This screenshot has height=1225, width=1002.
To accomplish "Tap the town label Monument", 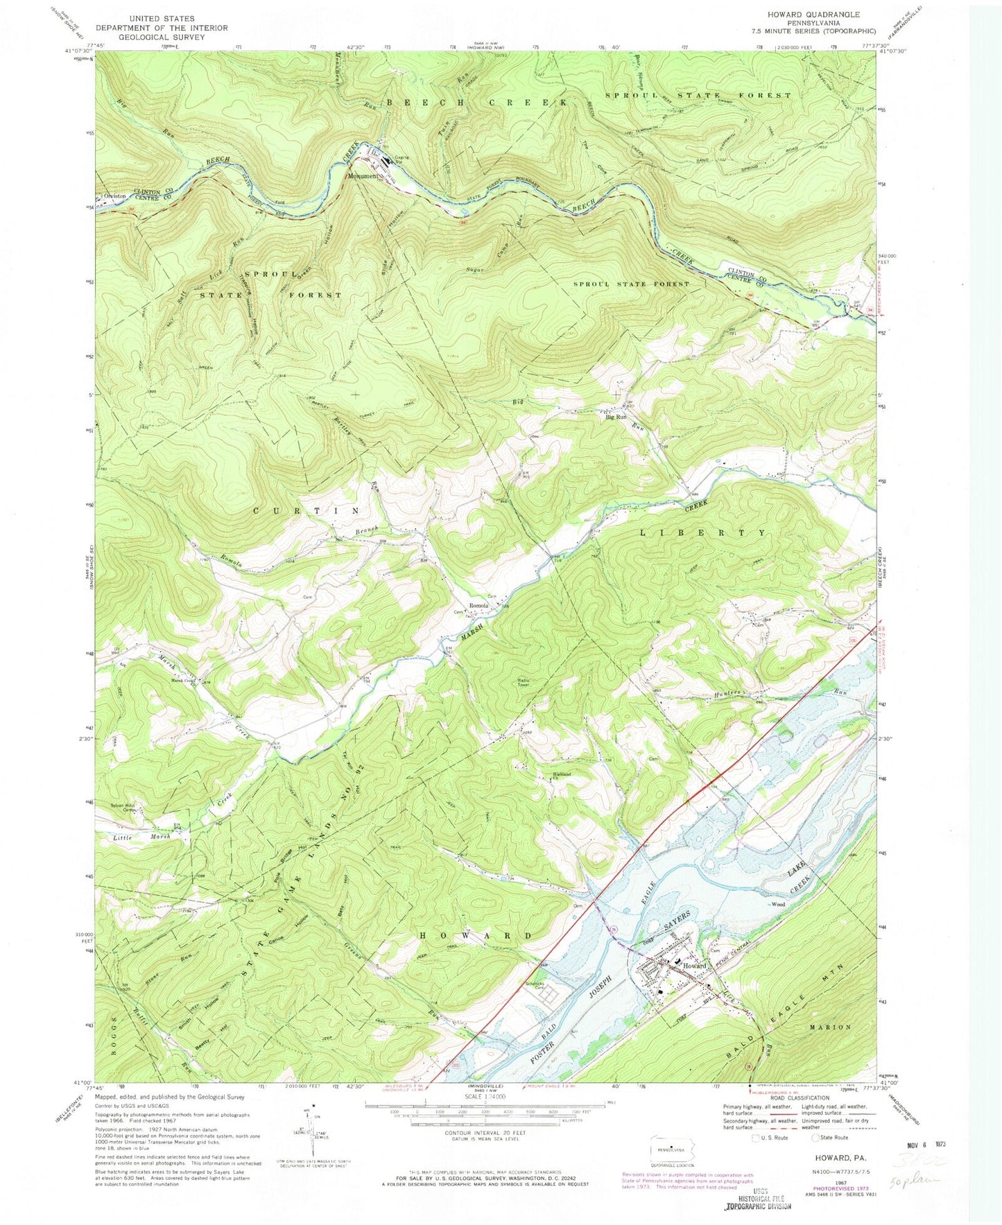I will [x=363, y=176].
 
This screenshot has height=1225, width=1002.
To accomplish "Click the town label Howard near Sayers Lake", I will [x=694, y=966].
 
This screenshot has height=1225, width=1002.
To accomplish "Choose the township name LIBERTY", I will [x=702, y=533].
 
